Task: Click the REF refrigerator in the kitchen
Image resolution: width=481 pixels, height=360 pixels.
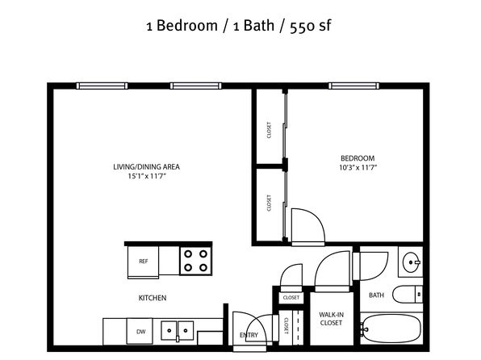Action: (144, 262)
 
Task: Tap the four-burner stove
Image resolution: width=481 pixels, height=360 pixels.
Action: (196, 261)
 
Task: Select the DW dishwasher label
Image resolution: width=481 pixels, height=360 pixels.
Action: (140, 332)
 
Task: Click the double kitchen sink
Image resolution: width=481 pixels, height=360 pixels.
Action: (178, 330)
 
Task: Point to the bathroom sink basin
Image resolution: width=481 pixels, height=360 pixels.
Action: (411, 262)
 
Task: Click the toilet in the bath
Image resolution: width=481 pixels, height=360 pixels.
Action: (408, 295)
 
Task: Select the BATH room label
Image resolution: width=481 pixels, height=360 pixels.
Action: (376, 295)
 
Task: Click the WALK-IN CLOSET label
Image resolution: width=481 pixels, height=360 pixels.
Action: (331, 319)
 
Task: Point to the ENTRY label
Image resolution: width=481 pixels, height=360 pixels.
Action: (249, 335)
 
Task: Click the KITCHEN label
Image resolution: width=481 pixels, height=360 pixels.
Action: (153, 298)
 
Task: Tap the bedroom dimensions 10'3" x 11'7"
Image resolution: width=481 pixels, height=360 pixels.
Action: (358, 168)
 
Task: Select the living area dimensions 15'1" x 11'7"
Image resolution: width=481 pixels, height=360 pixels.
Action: (147, 176)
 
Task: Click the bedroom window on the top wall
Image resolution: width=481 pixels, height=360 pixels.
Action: (353, 86)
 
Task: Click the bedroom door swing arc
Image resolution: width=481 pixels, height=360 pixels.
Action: (316, 216)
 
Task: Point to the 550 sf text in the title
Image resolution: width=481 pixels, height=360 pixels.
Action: (310, 26)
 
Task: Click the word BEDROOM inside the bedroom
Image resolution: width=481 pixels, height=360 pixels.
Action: (358, 158)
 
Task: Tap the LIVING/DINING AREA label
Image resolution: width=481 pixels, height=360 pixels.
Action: (146, 167)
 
